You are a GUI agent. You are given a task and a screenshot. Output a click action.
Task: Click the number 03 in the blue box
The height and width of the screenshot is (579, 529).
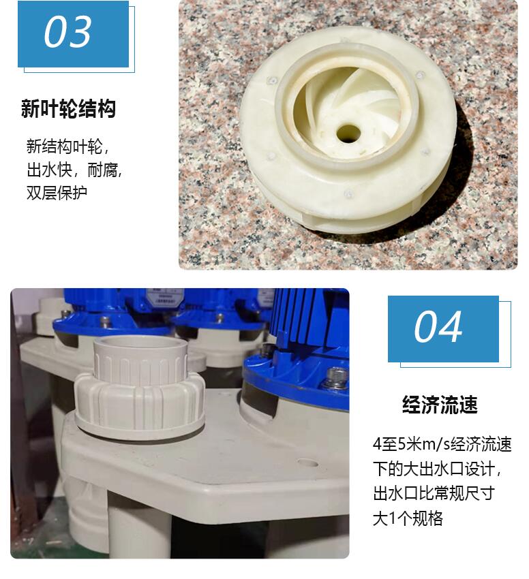(x=67, y=32)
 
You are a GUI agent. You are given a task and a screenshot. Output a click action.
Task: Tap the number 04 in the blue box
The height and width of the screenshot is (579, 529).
(x=438, y=327)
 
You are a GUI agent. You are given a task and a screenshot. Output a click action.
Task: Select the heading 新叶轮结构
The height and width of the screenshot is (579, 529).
(x=68, y=108)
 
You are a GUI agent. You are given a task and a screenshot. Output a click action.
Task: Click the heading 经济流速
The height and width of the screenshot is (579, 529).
(x=440, y=405)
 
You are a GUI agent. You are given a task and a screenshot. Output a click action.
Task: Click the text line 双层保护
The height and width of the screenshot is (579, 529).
(x=57, y=193)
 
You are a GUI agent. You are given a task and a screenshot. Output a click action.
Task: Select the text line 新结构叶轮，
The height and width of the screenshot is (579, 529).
(x=68, y=146)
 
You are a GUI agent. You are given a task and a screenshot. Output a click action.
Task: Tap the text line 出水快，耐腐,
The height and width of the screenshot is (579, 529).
(x=74, y=170)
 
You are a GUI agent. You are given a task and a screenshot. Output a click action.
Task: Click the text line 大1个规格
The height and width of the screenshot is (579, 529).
(x=408, y=518)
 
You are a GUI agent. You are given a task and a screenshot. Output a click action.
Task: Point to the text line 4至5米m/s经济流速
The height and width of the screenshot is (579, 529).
(x=442, y=444)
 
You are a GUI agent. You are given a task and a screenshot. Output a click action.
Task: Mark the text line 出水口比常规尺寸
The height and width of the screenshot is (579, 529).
(x=434, y=493)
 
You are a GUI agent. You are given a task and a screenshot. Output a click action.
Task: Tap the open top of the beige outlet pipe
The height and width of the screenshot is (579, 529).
(x=140, y=343)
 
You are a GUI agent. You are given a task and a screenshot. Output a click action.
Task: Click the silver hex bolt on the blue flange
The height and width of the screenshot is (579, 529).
(x=335, y=377)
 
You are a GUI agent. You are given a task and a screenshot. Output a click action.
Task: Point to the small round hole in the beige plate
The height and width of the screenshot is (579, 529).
(x=307, y=463)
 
